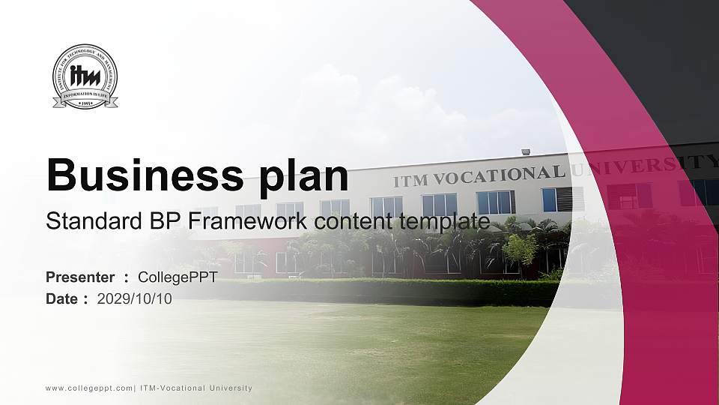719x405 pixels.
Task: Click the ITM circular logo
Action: point(85,76)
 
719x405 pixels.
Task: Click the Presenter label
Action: point(80,277)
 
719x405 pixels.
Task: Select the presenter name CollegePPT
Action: point(178,277)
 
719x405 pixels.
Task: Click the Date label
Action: point(62,298)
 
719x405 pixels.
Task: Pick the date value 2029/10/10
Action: point(135,298)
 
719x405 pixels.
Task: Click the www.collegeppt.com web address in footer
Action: point(89,388)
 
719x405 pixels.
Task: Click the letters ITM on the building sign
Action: point(410,181)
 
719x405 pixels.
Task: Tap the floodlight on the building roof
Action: point(526,152)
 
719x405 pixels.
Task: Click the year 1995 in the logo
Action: point(85,102)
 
